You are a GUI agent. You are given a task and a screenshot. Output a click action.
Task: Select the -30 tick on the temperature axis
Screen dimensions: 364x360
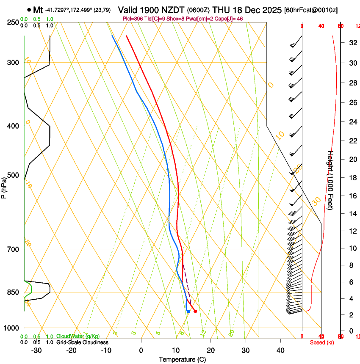point(36,350)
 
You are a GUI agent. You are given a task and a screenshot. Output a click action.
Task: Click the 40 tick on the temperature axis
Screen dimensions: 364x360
point(280,350)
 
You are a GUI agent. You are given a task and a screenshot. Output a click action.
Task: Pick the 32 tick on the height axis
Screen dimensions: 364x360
point(352,43)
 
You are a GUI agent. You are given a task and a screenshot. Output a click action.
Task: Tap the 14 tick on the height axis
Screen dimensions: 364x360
point(352,214)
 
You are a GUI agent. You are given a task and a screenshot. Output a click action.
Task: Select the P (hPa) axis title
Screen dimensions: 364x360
point(4,188)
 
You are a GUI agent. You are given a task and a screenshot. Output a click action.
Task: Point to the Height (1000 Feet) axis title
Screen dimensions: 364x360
point(331,180)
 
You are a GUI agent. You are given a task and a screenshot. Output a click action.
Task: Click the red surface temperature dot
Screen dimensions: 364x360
point(195,312)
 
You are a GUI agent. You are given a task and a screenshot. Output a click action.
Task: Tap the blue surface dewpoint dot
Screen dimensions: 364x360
point(188,312)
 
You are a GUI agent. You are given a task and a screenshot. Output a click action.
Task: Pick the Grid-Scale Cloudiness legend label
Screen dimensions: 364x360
point(82,342)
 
